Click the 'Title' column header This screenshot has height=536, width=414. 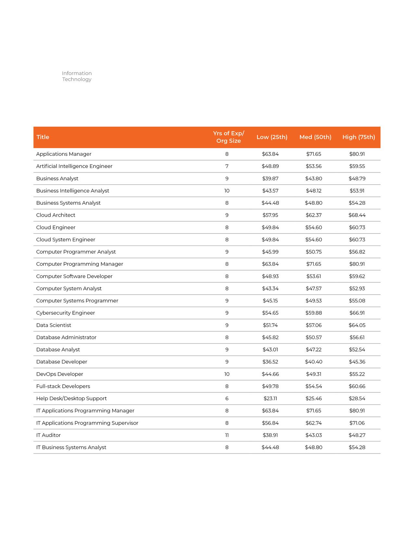tap(43, 137)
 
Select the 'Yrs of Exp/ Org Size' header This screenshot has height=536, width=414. tap(229, 137)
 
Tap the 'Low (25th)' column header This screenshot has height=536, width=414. tap(272, 137)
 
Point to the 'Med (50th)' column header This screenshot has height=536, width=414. tap(315, 137)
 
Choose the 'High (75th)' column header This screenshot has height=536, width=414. tap(358, 137)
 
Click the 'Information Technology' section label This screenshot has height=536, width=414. tap(77, 76)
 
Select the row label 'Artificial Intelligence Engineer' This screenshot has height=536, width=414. tap(74, 166)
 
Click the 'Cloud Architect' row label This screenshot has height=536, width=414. tap(56, 215)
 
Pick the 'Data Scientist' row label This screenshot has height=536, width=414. tap(54, 325)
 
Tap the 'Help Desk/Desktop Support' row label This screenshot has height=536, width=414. tap(71, 399)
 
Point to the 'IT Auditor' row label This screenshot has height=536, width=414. tap(48, 435)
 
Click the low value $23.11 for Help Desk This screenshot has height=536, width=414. tap(270, 399)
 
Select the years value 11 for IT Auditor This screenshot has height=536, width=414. tap(227, 435)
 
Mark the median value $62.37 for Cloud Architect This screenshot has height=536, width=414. tap(314, 215)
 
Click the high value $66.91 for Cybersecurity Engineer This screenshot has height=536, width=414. tap(357, 313)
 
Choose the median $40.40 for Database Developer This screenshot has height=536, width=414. tap(314, 362)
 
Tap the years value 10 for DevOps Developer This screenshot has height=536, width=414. tap(227, 374)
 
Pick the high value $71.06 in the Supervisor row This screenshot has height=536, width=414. tap(357, 423)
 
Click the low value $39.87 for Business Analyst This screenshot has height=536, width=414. tap(270, 179)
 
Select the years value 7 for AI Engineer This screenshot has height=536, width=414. tap(227, 166)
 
